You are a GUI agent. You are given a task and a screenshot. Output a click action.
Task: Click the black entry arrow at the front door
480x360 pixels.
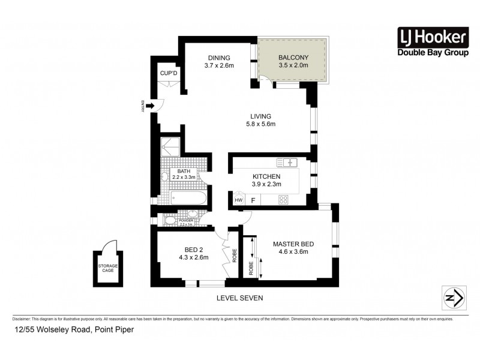(x=149, y=107)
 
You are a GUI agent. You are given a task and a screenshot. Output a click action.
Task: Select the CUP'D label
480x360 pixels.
(x=169, y=73)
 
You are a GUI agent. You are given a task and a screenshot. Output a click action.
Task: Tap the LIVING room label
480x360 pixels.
(x=261, y=116)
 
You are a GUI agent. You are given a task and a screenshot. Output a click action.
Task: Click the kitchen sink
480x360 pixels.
(x=287, y=162)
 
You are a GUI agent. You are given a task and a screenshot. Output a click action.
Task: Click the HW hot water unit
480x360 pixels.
(x=238, y=200)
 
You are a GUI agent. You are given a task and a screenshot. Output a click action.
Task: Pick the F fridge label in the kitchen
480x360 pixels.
(x=253, y=200)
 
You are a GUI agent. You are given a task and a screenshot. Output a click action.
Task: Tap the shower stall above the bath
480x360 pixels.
(x=170, y=148)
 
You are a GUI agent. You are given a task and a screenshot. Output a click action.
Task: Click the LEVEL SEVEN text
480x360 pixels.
(x=239, y=298)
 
